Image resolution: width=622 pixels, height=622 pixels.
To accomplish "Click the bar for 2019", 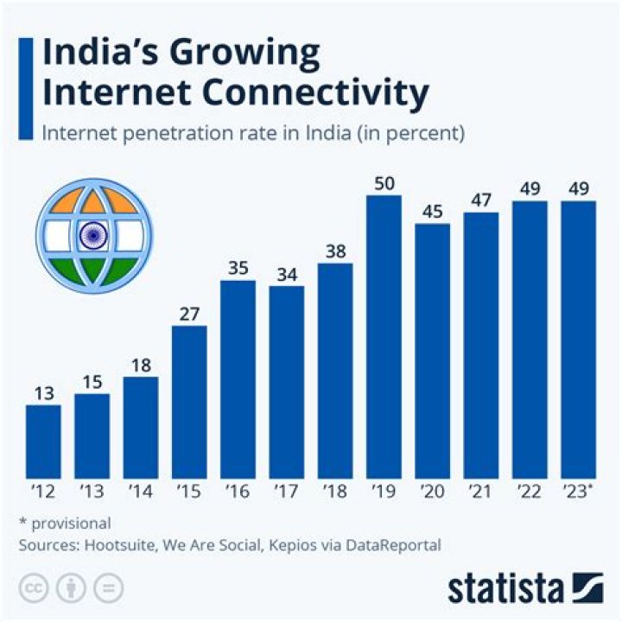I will [x=384, y=338].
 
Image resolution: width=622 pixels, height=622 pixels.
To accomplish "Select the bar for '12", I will [x=43, y=442].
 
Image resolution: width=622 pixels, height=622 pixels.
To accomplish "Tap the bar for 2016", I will [x=238, y=380].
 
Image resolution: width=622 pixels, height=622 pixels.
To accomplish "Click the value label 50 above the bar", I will [x=384, y=183].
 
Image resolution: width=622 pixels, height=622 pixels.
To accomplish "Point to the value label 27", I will [x=189, y=313].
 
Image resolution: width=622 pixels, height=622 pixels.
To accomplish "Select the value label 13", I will [x=43, y=392].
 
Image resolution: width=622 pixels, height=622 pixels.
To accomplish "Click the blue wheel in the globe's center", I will [x=92, y=234].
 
